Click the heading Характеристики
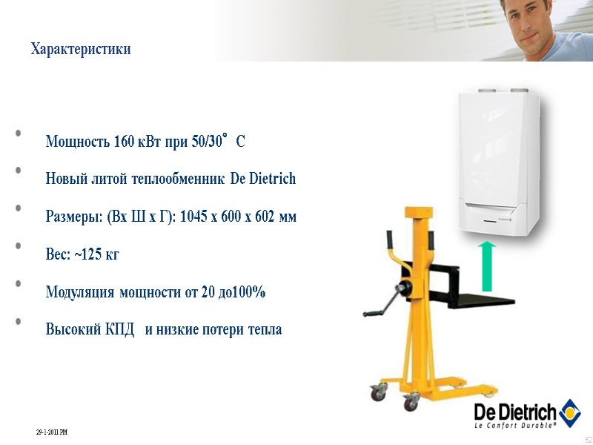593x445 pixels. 81,50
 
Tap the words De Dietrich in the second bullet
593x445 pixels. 263,179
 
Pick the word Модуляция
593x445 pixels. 80,291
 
